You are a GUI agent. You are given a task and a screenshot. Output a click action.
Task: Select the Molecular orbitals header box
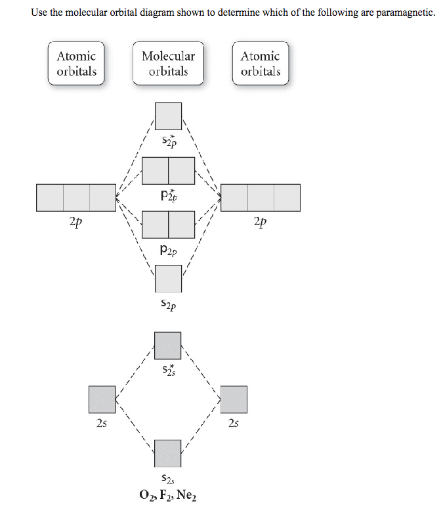click(168, 64)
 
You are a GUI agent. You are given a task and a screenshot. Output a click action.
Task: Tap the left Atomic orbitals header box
click(76, 64)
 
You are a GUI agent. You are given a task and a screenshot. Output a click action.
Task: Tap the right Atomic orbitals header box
click(260, 64)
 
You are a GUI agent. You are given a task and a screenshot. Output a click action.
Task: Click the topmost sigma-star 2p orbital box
click(168, 116)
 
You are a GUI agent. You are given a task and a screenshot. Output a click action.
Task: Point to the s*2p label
click(168, 141)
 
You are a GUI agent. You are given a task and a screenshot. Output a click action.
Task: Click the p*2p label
click(168, 195)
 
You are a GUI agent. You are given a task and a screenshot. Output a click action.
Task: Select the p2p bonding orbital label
click(168, 250)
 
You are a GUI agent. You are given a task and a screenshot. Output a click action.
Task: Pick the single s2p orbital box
click(168, 279)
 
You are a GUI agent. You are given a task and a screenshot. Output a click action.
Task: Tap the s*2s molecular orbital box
click(168, 346)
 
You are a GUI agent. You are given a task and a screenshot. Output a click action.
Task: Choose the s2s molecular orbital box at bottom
click(168, 454)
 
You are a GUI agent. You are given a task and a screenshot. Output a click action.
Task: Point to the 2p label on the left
click(76, 223)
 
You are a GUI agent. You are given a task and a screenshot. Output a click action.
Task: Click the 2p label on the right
click(260, 223)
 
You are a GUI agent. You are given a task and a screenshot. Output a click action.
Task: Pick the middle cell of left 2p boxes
click(76, 198)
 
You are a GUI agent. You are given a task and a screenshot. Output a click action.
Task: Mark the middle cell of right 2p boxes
click(261, 198)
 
